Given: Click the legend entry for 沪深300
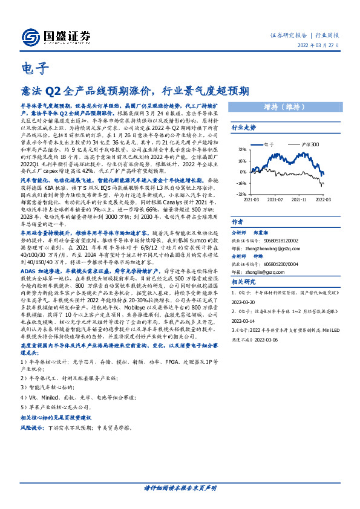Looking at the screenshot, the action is click(295, 145).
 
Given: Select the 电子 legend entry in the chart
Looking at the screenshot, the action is click(270, 145).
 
